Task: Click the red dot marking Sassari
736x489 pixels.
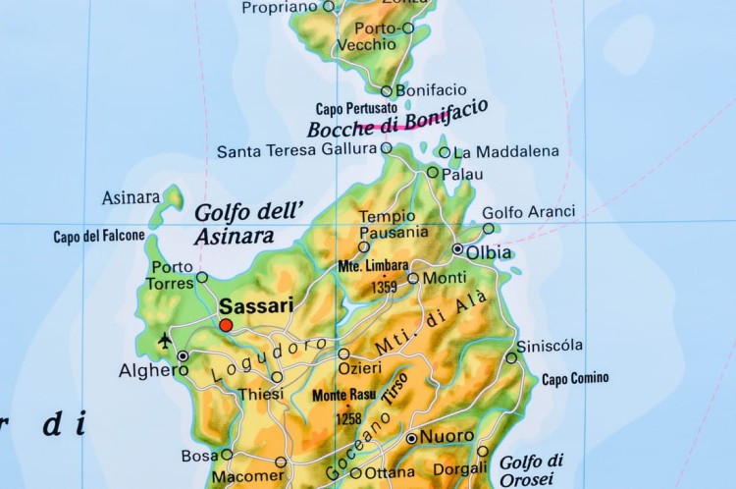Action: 226,325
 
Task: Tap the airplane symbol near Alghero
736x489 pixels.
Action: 164,341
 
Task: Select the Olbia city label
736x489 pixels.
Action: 489,252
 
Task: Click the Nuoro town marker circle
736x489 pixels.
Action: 411,438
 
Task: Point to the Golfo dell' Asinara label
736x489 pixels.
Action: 249,224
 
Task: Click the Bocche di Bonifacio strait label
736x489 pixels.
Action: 396,119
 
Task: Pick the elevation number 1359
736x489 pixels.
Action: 385,288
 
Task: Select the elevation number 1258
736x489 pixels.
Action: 348,418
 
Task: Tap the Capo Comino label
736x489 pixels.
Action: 575,378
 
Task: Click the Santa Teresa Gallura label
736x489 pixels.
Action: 296,150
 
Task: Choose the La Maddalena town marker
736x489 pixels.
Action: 445,152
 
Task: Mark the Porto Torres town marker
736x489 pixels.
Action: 202,277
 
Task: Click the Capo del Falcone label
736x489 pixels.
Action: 99,236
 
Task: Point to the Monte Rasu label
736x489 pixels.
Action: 343,395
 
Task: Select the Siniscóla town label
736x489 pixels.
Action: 550,345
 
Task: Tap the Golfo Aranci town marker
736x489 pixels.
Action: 489,229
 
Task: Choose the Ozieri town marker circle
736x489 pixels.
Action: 343,353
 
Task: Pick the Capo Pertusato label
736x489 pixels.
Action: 356,108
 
